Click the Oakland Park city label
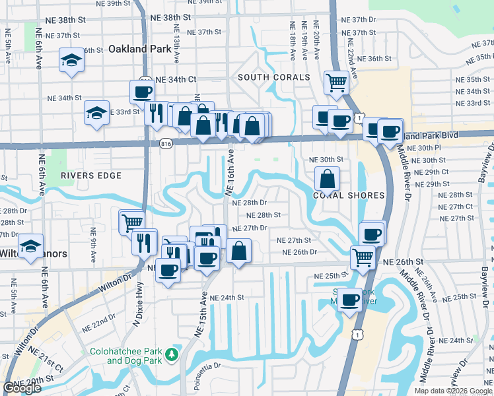135,49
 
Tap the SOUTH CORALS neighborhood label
273,78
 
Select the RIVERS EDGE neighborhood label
91,176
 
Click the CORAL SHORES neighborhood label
339,196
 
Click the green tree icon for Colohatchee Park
172,354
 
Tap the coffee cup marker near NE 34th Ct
142,92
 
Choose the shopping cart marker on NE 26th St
363,256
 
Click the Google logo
22,388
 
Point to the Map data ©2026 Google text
452,391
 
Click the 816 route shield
166,143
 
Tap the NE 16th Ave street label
230,172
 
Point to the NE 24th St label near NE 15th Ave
227,298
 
